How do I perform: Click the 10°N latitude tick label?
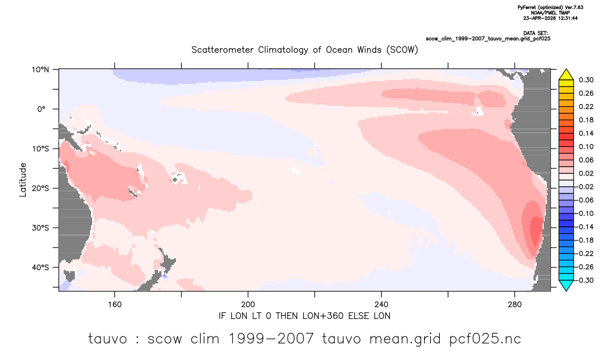pyautogui.click(x=40, y=70)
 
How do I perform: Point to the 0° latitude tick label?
pyautogui.click(x=41, y=109)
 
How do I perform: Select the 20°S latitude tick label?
pyautogui.click(x=40, y=188)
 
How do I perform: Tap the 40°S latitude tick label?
pyautogui.click(x=40, y=267)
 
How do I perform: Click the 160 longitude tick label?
pyautogui.click(x=115, y=305)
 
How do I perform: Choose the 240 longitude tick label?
pyautogui.click(x=382, y=305)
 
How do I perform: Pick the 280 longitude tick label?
pyautogui.click(x=515, y=305)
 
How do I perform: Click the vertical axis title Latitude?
pyautogui.click(x=23, y=180)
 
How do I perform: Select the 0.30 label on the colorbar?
pyautogui.click(x=586, y=80)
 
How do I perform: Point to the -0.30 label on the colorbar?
pyautogui.click(x=585, y=280)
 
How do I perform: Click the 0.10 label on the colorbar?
pyautogui.click(x=586, y=146)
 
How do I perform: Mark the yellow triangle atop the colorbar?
pyautogui.click(x=566, y=75)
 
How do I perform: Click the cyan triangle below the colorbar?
pyautogui.click(x=566, y=285)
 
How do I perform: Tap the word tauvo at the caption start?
pyautogui.click(x=107, y=339)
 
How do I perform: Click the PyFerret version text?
pyautogui.click(x=550, y=7)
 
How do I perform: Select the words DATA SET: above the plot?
pyautogui.click(x=535, y=34)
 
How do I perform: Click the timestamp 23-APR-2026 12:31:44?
pyautogui.click(x=550, y=18)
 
